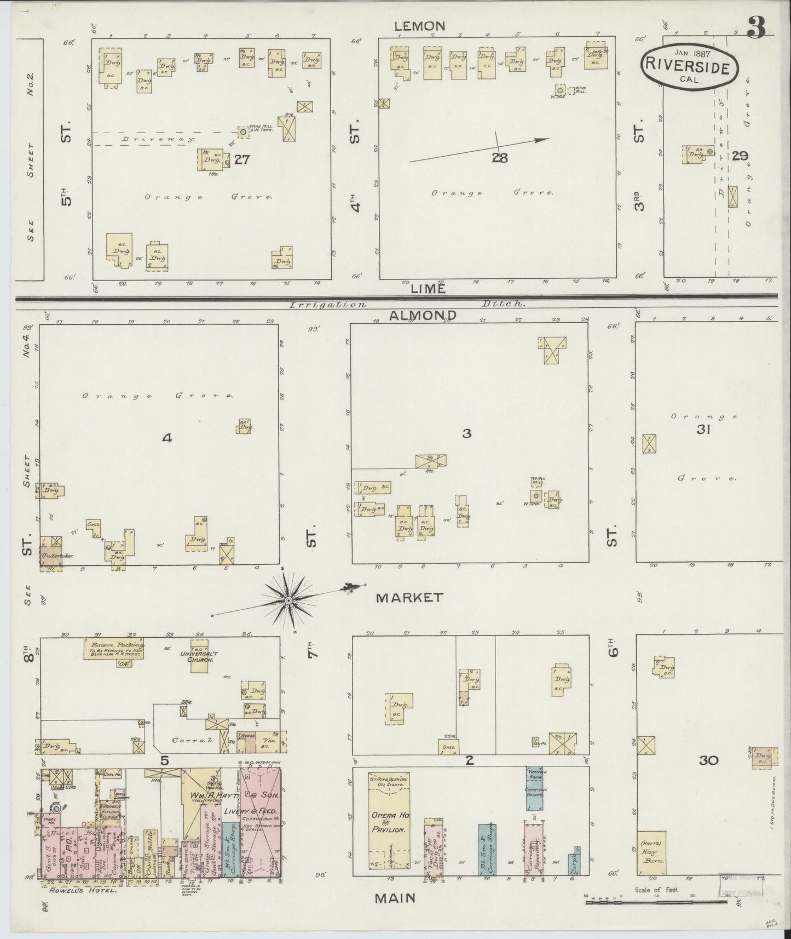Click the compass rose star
coord(288,600)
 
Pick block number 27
coord(241,159)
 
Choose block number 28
coord(499,158)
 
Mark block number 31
coord(703,430)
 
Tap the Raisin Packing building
coord(114,648)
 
